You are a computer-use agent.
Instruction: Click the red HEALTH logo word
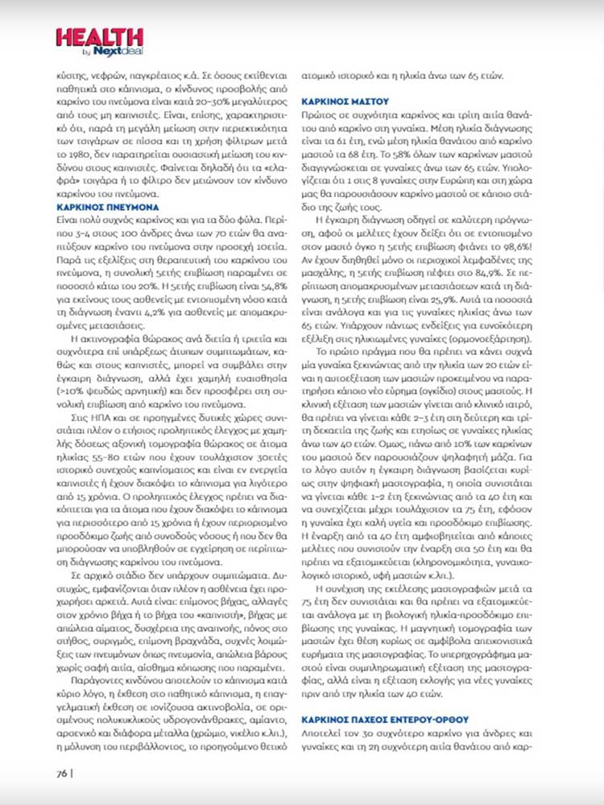click(x=99, y=36)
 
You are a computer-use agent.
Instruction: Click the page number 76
click(x=61, y=774)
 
